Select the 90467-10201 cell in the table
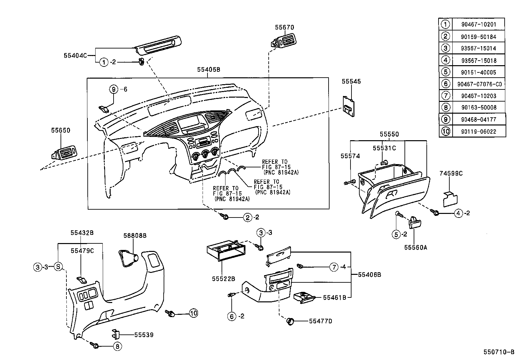coord(478,24)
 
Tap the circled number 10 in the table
coord(445,131)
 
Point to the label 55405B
coord(208,70)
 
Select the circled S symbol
coord(58,267)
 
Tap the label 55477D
coord(320,321)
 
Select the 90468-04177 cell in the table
coord(478,120)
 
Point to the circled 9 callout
coord(114,89)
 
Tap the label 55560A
coord(415,248)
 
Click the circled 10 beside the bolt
coord(193,313)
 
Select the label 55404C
coord(75,56)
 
